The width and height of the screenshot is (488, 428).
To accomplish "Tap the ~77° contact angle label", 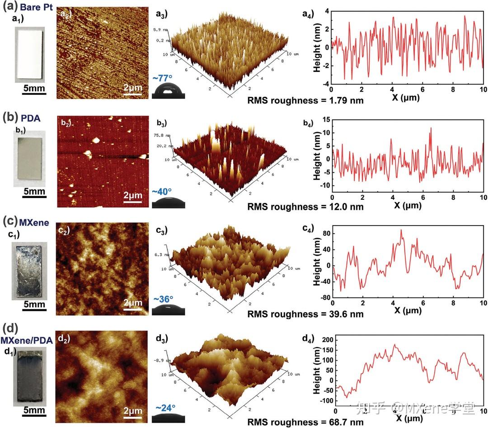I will click(x=161, y=78).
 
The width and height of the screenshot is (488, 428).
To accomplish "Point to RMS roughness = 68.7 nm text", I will click(x=305, y=422).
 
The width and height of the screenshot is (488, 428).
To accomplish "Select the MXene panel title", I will click(x=34, y=222).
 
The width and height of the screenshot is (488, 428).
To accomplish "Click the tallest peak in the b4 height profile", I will click(x=431, y=128).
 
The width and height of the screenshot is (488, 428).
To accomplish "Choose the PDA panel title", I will click(x=31, y=118).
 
